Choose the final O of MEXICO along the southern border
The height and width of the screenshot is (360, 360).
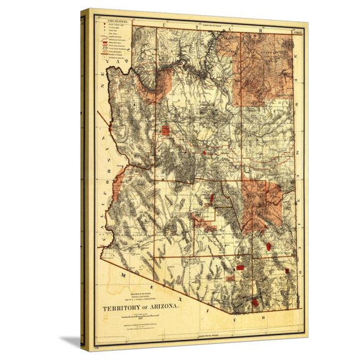click(x=262, y=318)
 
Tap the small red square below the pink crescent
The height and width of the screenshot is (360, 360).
click(x=166, y=130)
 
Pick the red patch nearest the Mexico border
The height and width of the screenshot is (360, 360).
click(x=255, y=302)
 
